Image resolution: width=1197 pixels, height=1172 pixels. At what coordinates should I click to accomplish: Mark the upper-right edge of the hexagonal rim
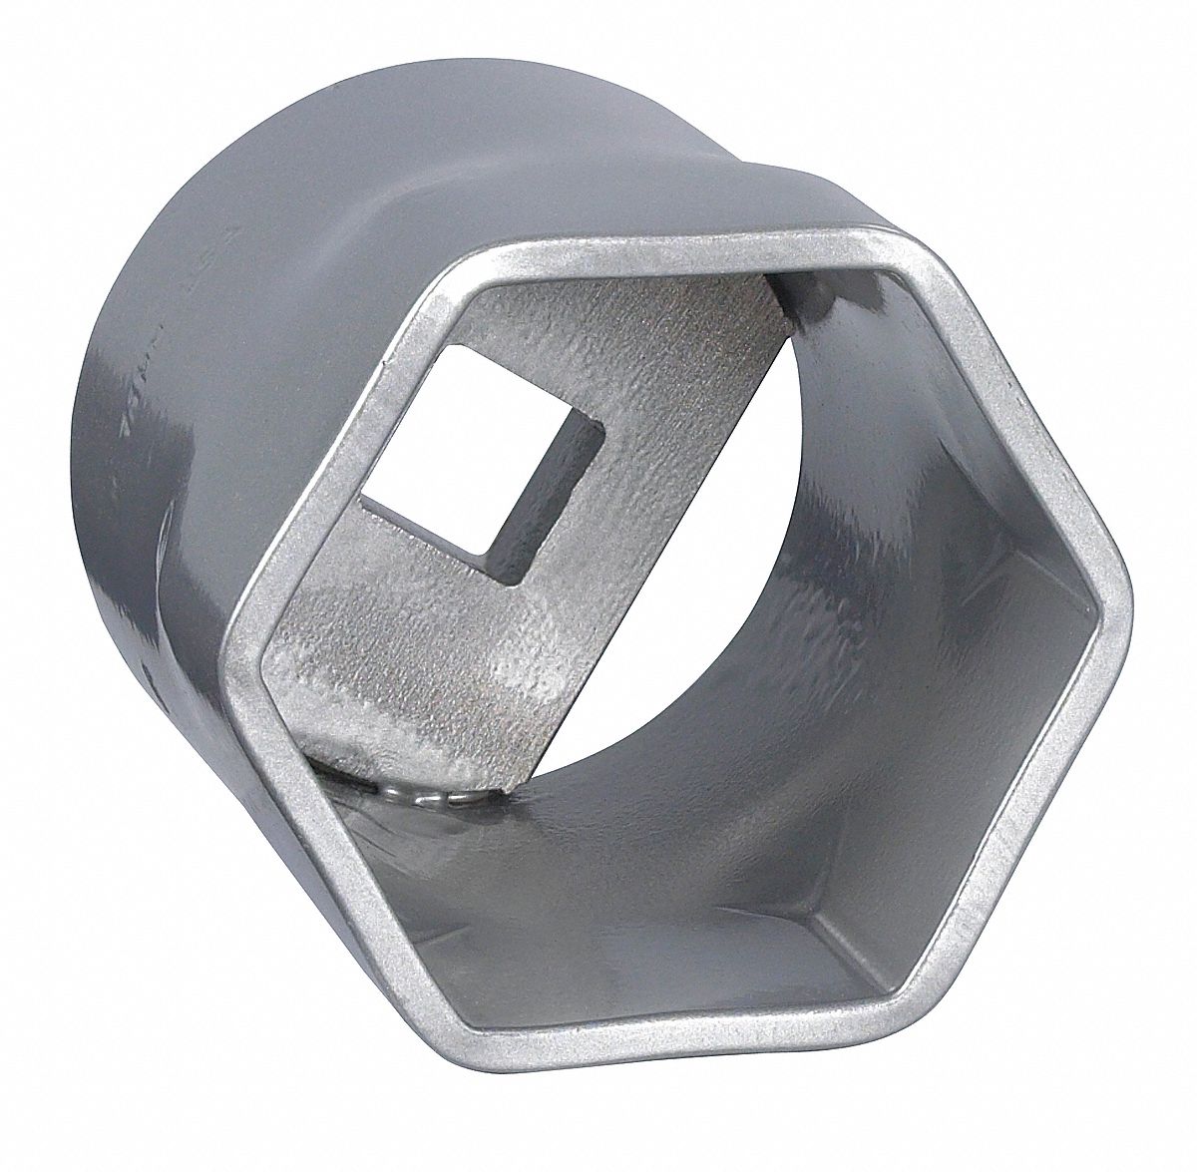click(x=1007, y=419)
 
